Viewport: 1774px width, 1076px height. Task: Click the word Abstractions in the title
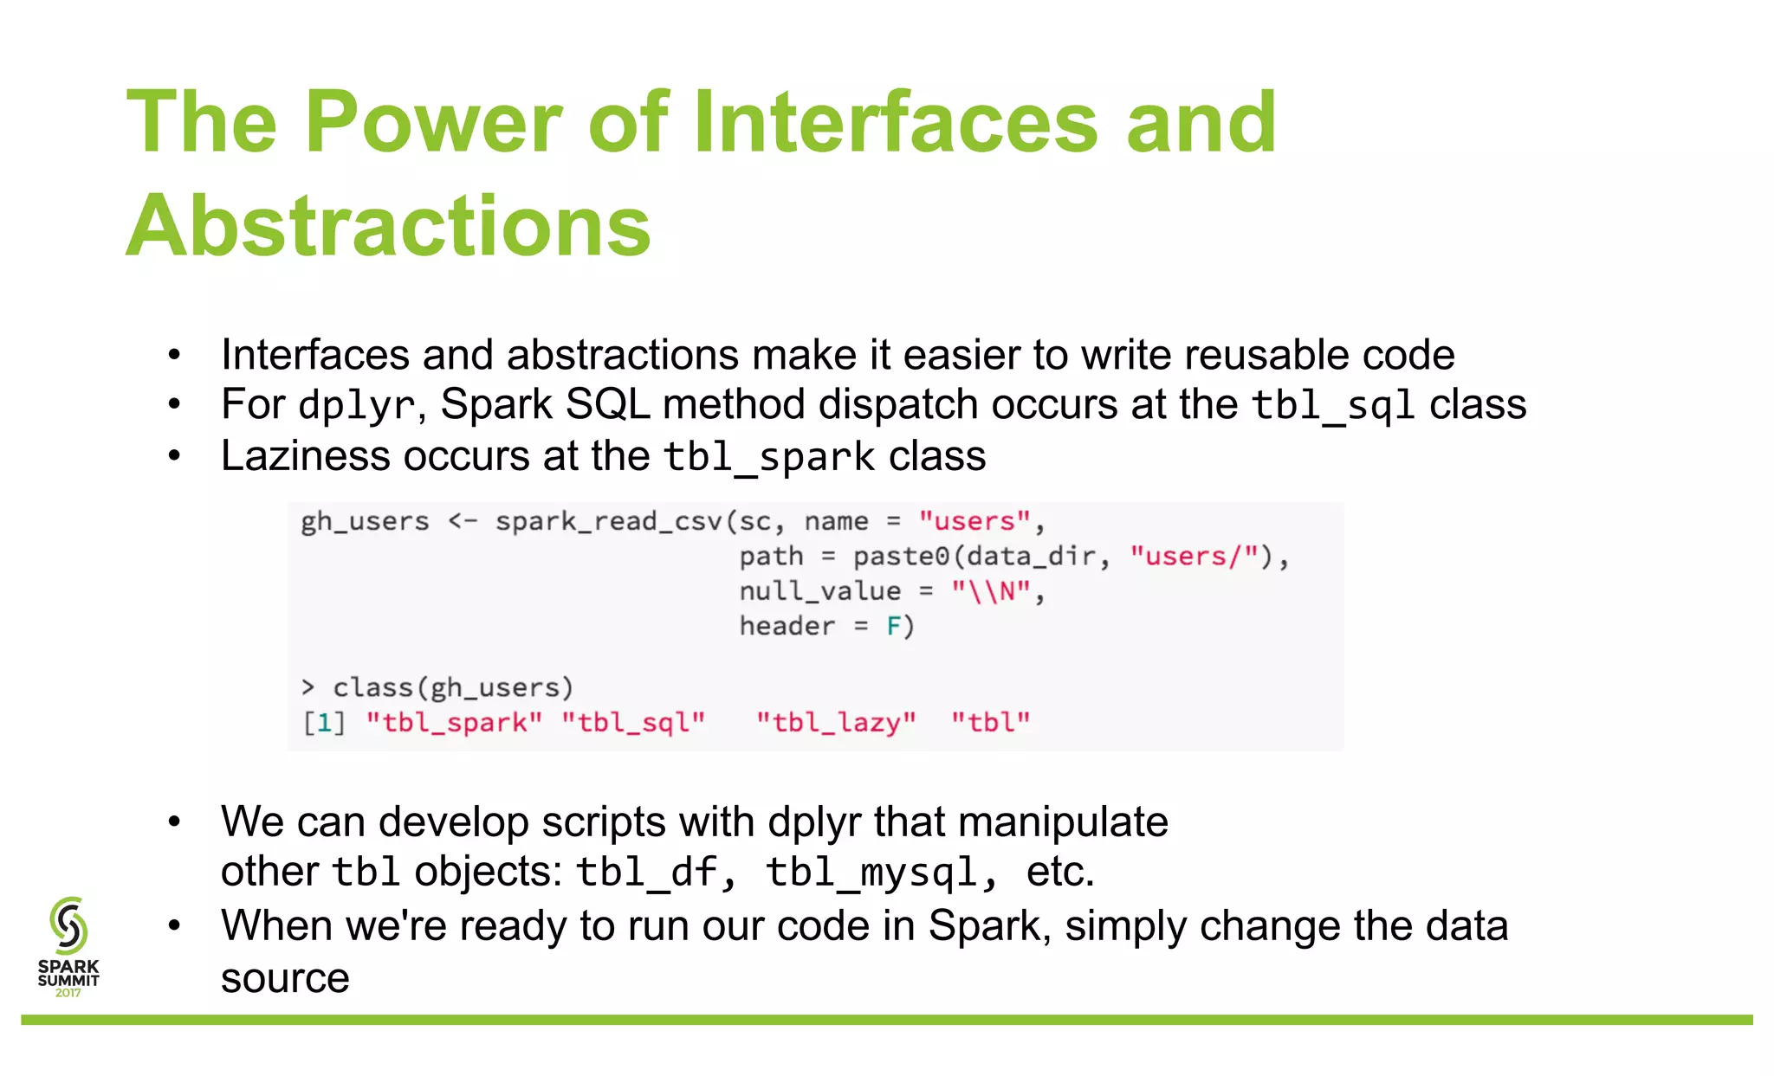click(x=388, y=227)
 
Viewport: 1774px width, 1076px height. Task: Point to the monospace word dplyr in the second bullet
click(x=356, y=406)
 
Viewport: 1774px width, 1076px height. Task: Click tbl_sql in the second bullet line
click(x=1333, y=406)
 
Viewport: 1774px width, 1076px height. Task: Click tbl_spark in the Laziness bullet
click(x=769, y=457)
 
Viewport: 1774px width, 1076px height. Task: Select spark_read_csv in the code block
click(x=610, y=521)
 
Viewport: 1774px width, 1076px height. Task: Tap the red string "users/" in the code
click(x=1194, y=557)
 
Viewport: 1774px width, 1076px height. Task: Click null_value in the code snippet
click(x=819, y=591)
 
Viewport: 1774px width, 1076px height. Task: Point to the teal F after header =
click(x=893, y=626)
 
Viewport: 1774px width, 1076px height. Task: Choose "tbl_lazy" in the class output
click(x=836, y=722)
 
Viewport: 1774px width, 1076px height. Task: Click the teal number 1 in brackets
click(x=324, y=722)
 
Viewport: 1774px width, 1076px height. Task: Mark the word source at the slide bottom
click(x=285, y=979)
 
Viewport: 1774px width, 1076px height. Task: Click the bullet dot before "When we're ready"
click(x=174, y=926)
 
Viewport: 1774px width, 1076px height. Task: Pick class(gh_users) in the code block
click(x=452, y=687)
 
